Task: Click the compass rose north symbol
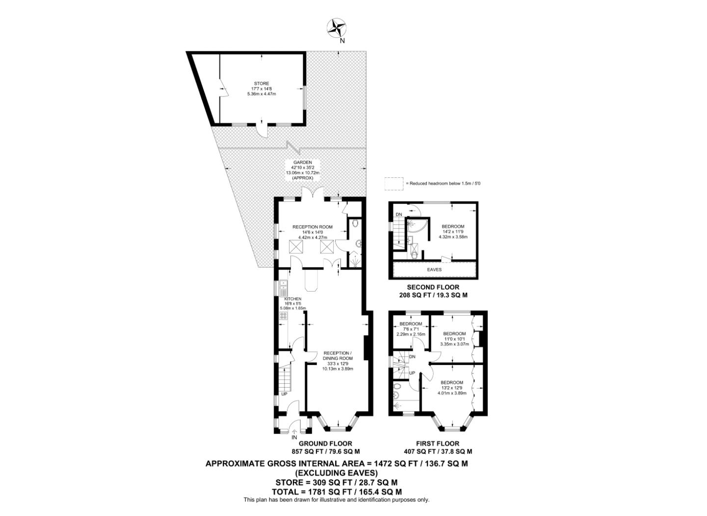[x=337, y=28]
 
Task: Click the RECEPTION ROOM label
[x=313, y=227]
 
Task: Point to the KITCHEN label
[x=293, y=299]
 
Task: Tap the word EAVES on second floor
[x=435, y=270]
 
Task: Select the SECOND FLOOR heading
[x=433, y=287]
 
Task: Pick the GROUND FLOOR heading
[x=325, y=443]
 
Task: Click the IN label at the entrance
[x=294, y=437]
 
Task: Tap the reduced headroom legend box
[x=393, y=183]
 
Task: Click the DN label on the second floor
[x=399, y=215]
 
